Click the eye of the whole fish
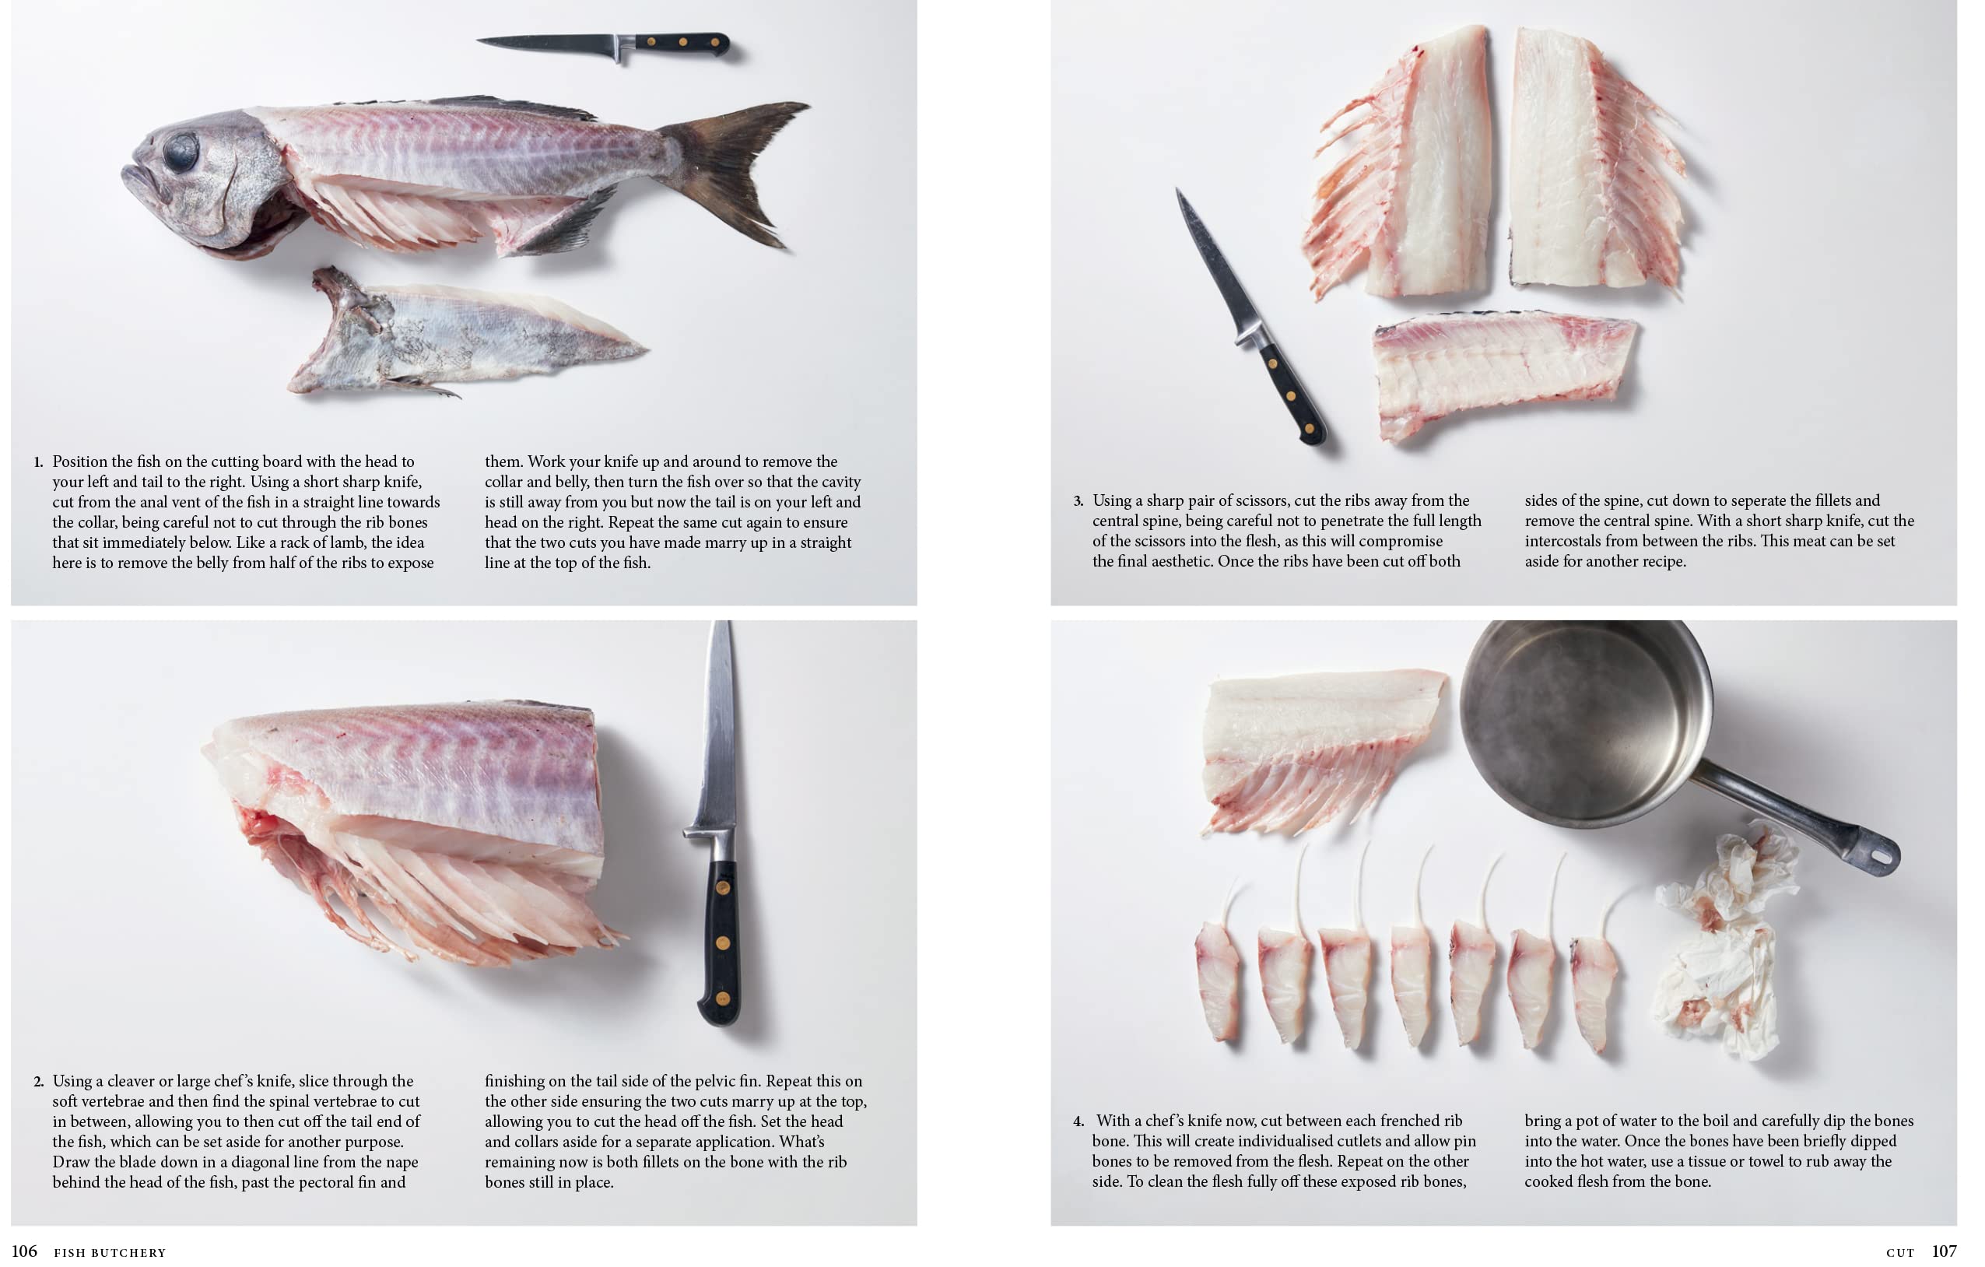click(181, 152)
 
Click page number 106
click(24, 1251)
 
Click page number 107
click(1944, 1251)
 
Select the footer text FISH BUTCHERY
click(110, 1253)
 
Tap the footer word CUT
click(1900, 1253)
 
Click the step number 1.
click(38, 462)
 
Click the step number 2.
click(38, 1082)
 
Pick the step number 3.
click(1078, 501)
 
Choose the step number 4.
click(1078, 1121)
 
